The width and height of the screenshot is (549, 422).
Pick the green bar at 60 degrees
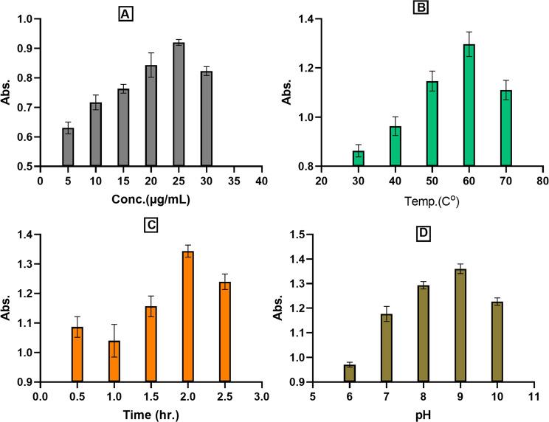click(x=469, y=106)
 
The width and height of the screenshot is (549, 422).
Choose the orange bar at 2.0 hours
click(x=187, y=316)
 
